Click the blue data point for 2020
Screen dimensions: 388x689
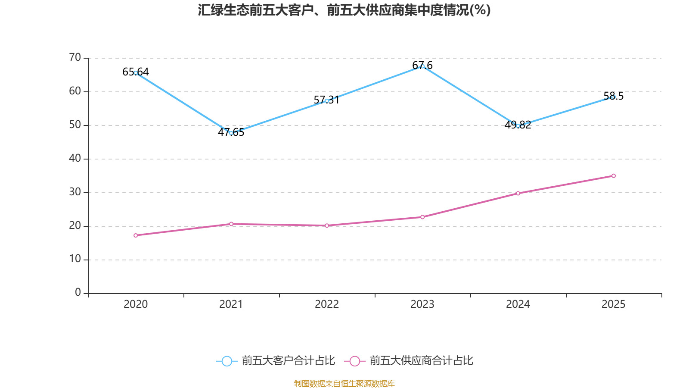136,73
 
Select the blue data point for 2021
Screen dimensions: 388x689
231,133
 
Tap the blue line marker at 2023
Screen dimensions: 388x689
422,66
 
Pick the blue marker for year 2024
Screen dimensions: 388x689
518,125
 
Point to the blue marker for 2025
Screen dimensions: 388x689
614,97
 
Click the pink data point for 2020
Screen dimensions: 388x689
136,235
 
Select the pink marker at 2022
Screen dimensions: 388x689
327,225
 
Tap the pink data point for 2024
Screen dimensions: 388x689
518,193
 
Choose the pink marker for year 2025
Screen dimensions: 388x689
614,175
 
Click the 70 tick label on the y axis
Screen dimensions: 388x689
75,57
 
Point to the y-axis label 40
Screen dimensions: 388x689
75,158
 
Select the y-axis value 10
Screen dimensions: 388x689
75,259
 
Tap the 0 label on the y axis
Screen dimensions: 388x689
78,293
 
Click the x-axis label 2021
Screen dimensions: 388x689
231,304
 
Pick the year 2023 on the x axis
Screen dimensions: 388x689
422,304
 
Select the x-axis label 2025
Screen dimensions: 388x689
614,304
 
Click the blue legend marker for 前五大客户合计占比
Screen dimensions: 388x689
227,361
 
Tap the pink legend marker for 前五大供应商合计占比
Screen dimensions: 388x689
354,361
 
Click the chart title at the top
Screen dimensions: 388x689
344,10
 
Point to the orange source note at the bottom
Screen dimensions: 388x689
344,383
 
